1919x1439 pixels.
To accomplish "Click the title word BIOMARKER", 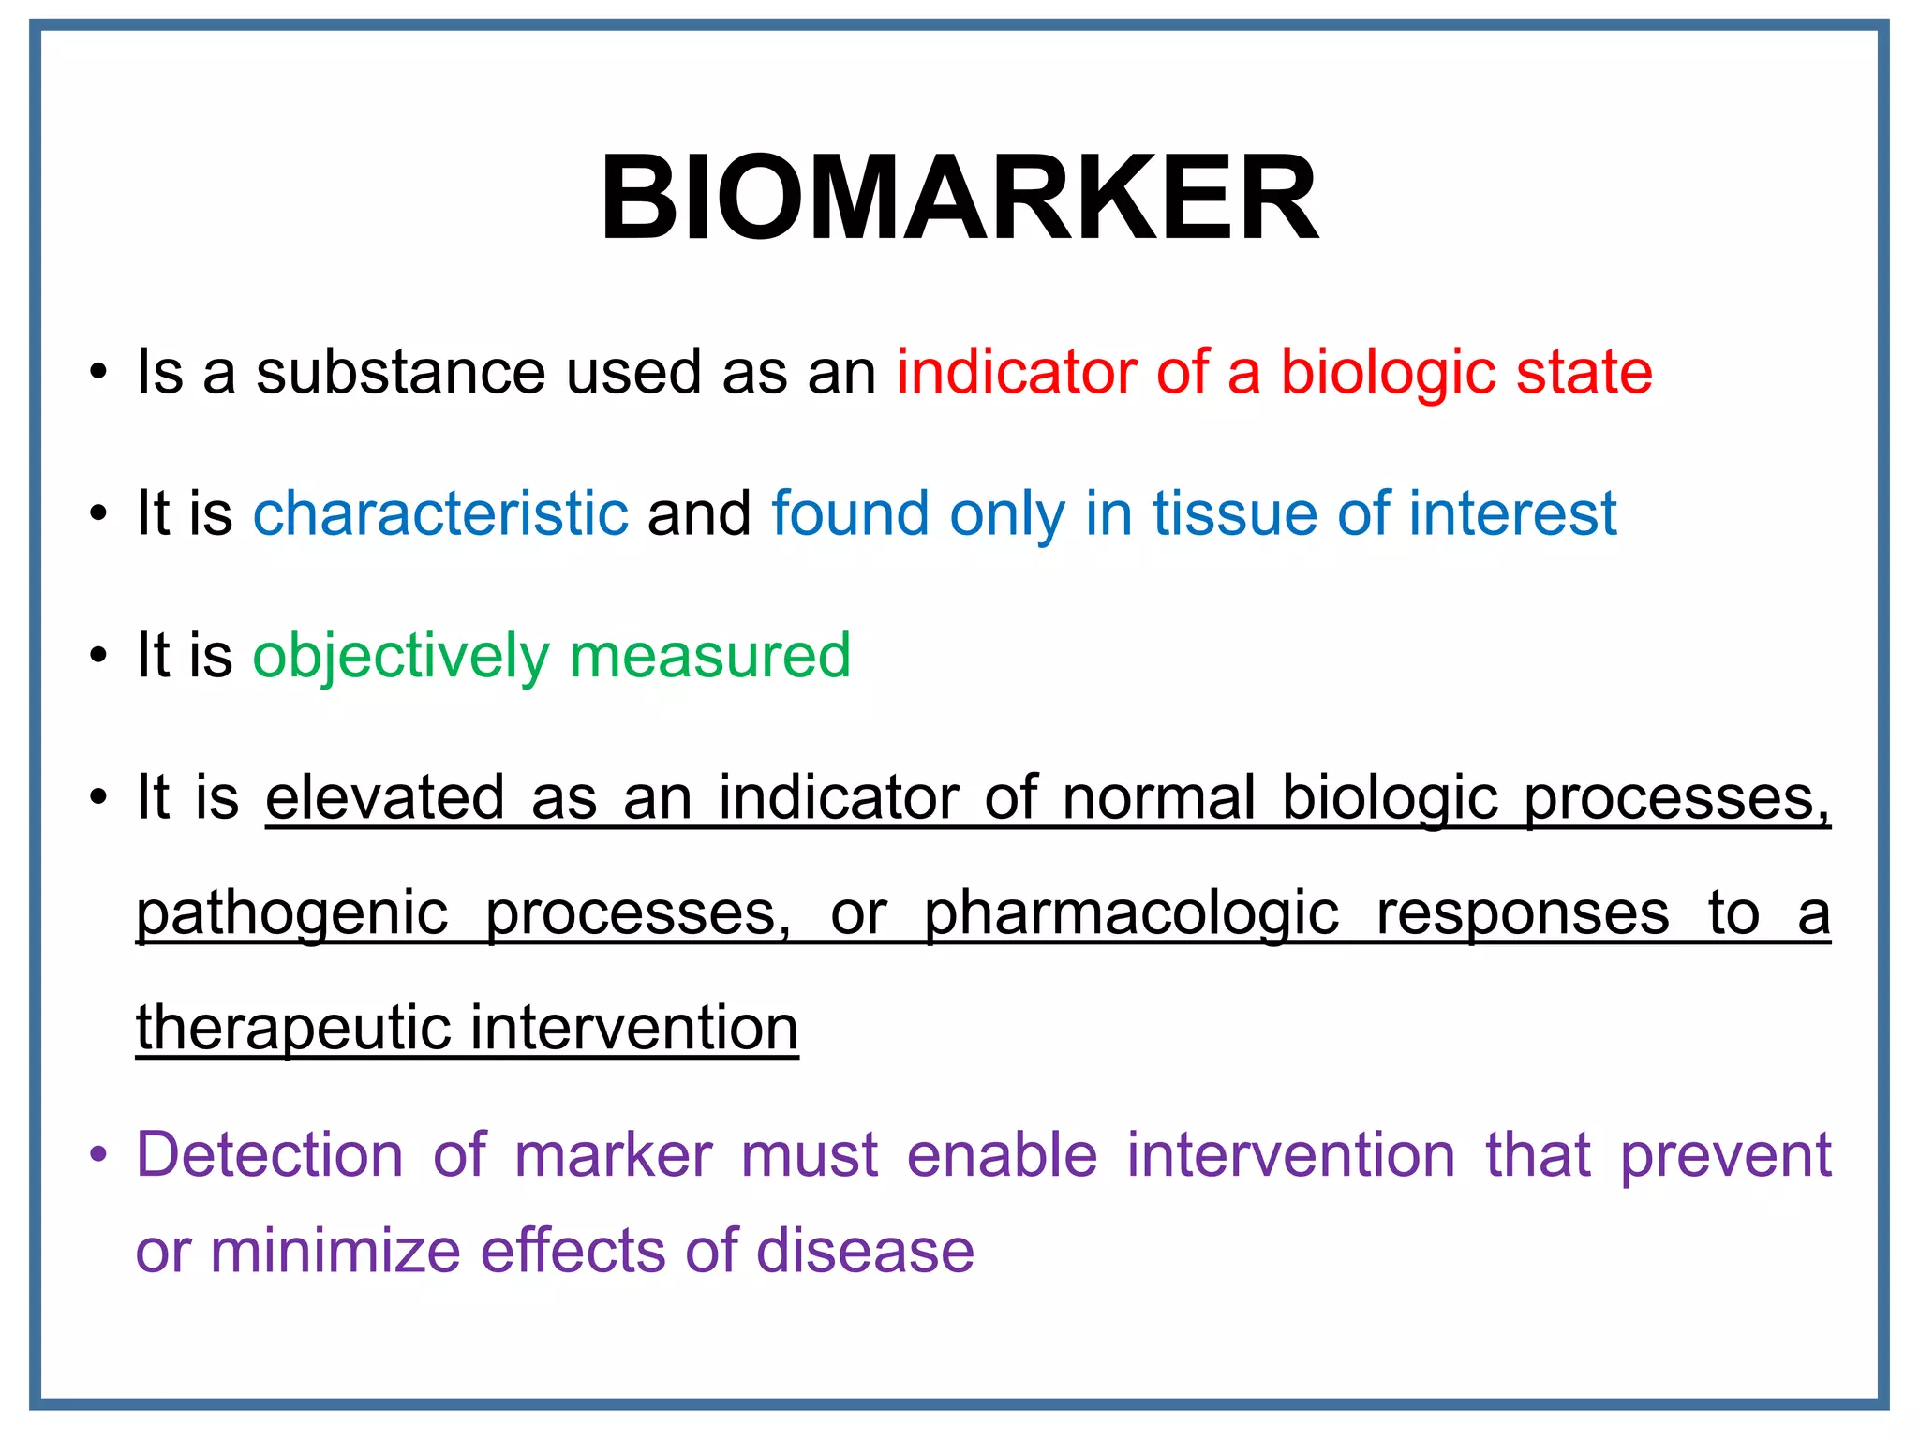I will tap(959, 199).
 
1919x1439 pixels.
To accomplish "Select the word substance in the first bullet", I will tap(400, 372).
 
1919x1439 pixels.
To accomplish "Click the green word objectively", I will tap(400, 656).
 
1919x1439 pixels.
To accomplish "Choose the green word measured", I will tap(710, 656).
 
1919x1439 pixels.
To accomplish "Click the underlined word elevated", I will tap(385, 797).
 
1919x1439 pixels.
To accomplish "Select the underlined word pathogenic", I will tap(292, 913).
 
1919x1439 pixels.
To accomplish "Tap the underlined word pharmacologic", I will tap(1131, 913).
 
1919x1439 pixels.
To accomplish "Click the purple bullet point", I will tap(98, 1155).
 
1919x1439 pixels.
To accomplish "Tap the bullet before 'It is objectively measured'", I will tap(98, 657).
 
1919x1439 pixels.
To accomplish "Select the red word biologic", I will tap(1388, 372).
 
